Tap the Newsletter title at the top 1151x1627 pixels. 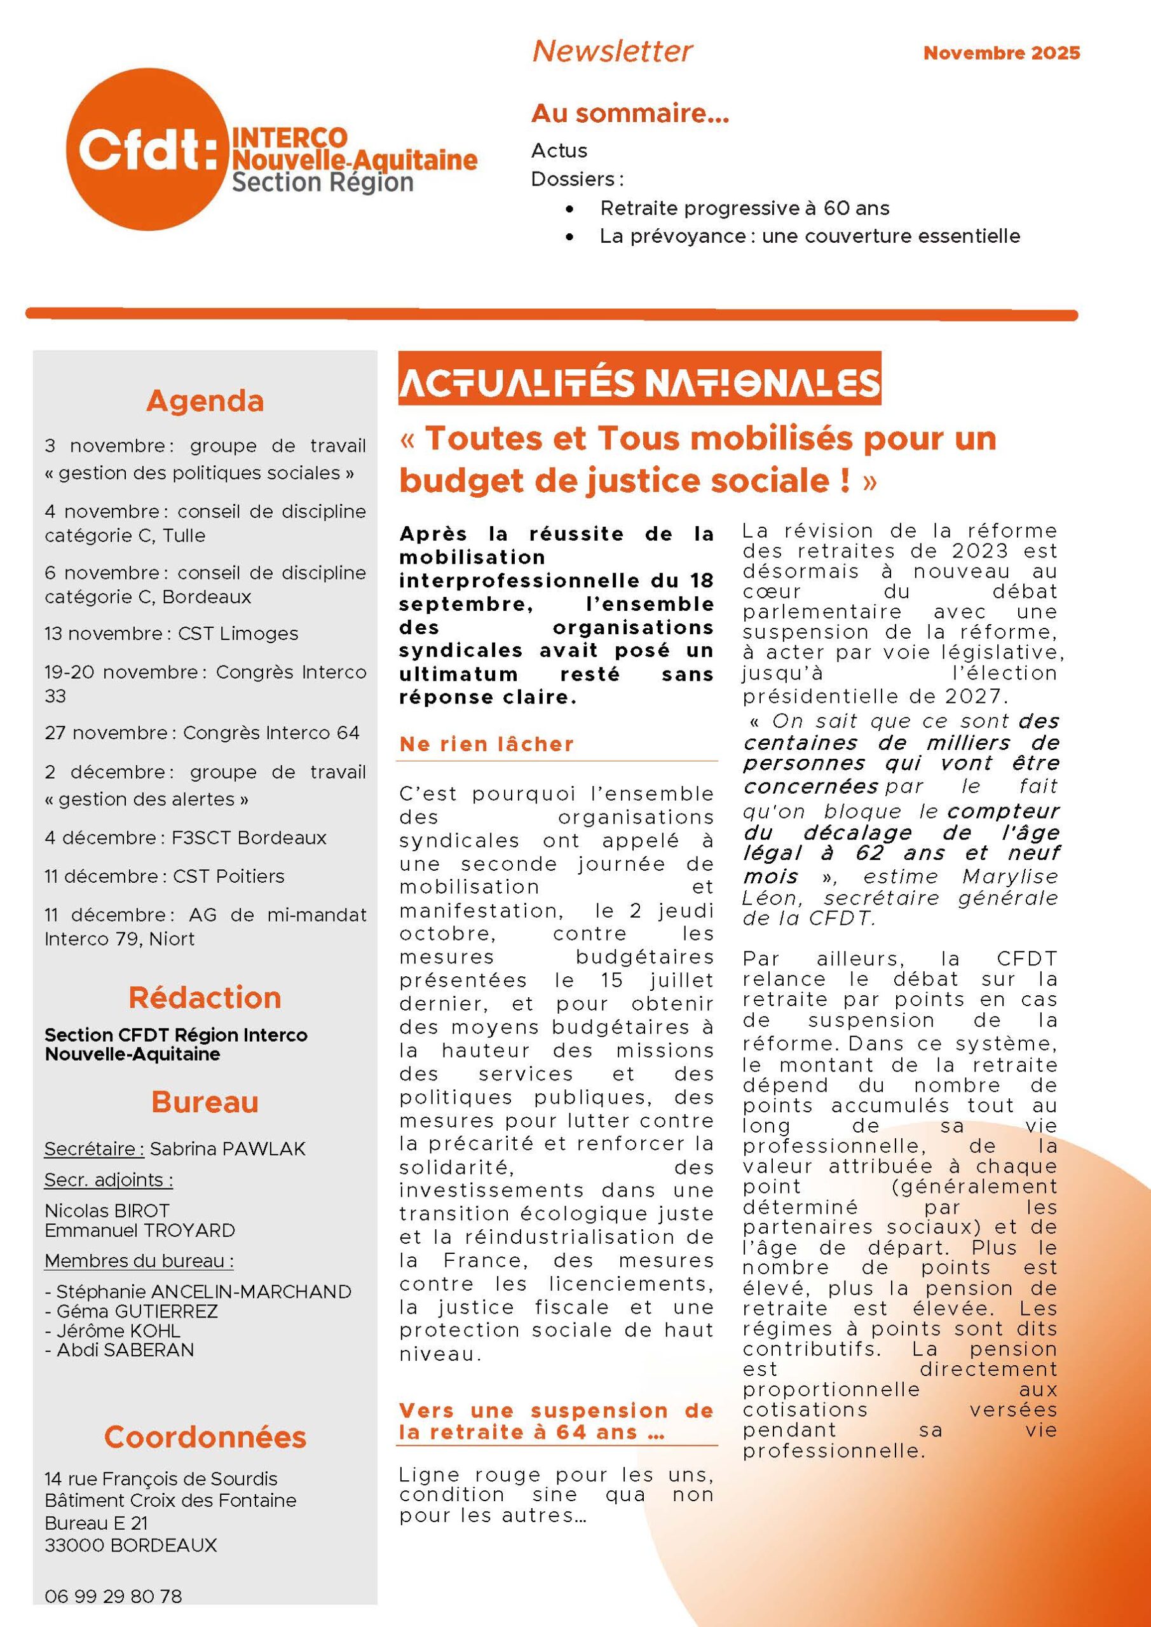611,51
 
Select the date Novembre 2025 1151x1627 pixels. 1001,53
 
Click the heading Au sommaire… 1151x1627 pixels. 630,113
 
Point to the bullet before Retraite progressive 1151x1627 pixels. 570,209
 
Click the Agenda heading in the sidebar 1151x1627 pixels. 205,401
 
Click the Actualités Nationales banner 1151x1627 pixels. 639,383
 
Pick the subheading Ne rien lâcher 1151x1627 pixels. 487,744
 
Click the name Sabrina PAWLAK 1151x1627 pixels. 228,1148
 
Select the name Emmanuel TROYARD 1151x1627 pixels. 140,1230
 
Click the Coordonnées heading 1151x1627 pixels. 205,1437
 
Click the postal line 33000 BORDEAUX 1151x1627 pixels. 131,1545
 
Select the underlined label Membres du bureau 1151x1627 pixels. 139,1262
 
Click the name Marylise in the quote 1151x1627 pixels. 1009,876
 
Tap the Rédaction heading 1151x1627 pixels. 205,998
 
